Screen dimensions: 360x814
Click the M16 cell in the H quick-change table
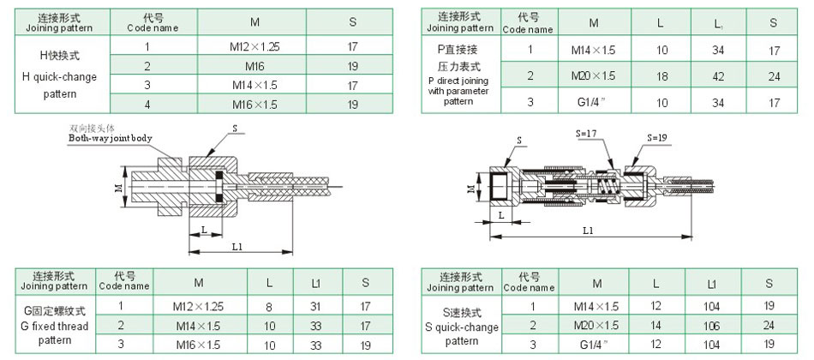click(254, 66)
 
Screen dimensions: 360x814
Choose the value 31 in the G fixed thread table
click(315, 306)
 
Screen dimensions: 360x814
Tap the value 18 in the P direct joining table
click(661, 76)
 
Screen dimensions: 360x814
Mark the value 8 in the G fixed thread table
click(268, 306)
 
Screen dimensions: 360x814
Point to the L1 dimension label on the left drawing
click(237, 247)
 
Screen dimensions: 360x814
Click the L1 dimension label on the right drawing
click(588, 231)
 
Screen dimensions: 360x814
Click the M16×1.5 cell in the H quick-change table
click(254, 105)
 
